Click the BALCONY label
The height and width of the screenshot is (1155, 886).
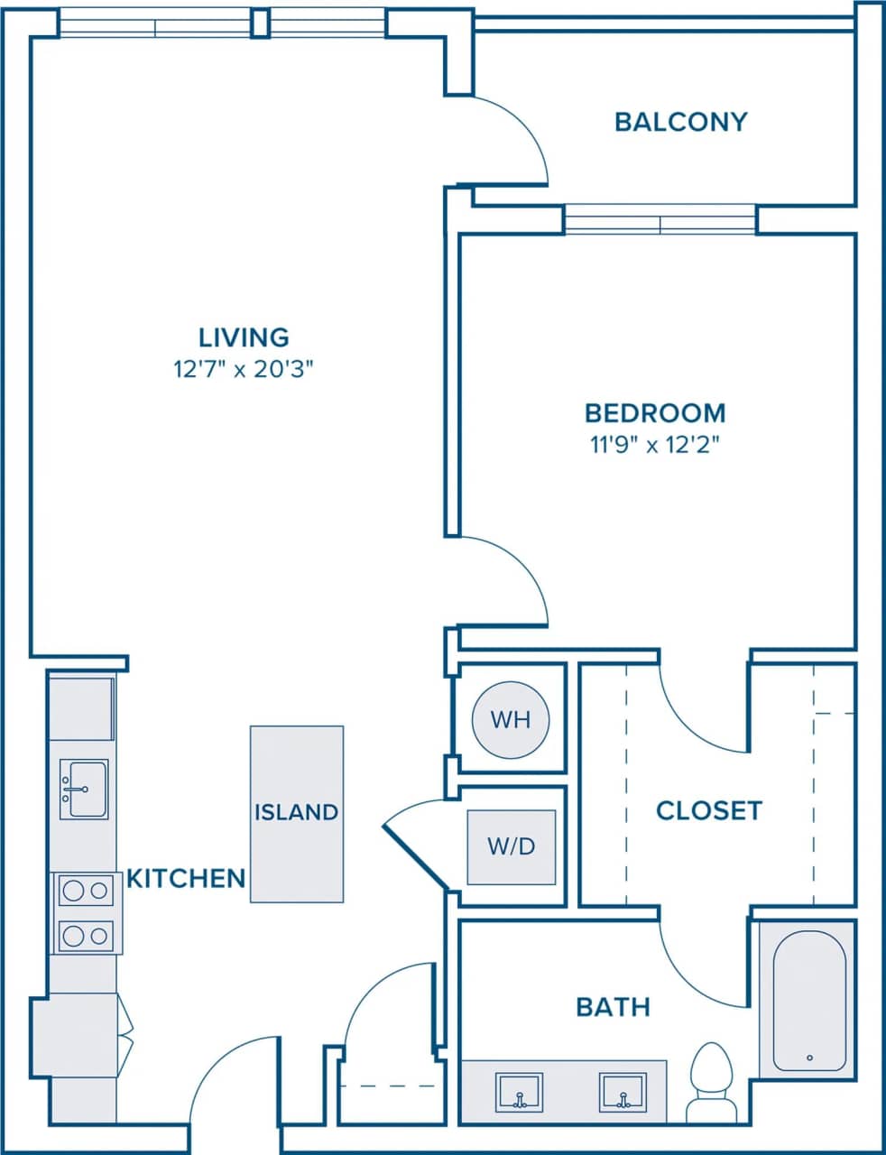pos(680,122)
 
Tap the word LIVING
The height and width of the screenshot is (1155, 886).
pos(244,337)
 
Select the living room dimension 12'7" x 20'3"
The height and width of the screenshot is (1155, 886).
pos(244,369)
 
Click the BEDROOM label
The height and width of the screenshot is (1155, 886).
pos(655,413)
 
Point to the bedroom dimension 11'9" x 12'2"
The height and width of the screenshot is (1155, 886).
pos(655,444)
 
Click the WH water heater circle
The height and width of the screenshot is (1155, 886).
pos(510,720)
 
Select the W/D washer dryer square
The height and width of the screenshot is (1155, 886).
pos(512,846)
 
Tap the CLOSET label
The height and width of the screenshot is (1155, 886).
pos(709,810)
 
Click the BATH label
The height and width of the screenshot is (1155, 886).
pos(614,1006)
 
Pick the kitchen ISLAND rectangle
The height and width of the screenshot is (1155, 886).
pos(296,813)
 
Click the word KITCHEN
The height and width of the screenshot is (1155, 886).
pos(186,878)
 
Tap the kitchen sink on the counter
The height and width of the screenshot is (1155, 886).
pos(84,789)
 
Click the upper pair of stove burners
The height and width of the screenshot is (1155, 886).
pos(86,891)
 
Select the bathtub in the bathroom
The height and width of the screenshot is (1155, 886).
pos(809,1000)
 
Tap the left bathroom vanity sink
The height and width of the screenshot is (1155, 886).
pos(519,1092)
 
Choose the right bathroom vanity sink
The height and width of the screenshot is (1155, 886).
pos(623,1092)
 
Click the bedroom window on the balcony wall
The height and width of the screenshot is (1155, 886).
pos(660,219)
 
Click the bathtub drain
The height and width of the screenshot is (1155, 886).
pos(809,1058)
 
